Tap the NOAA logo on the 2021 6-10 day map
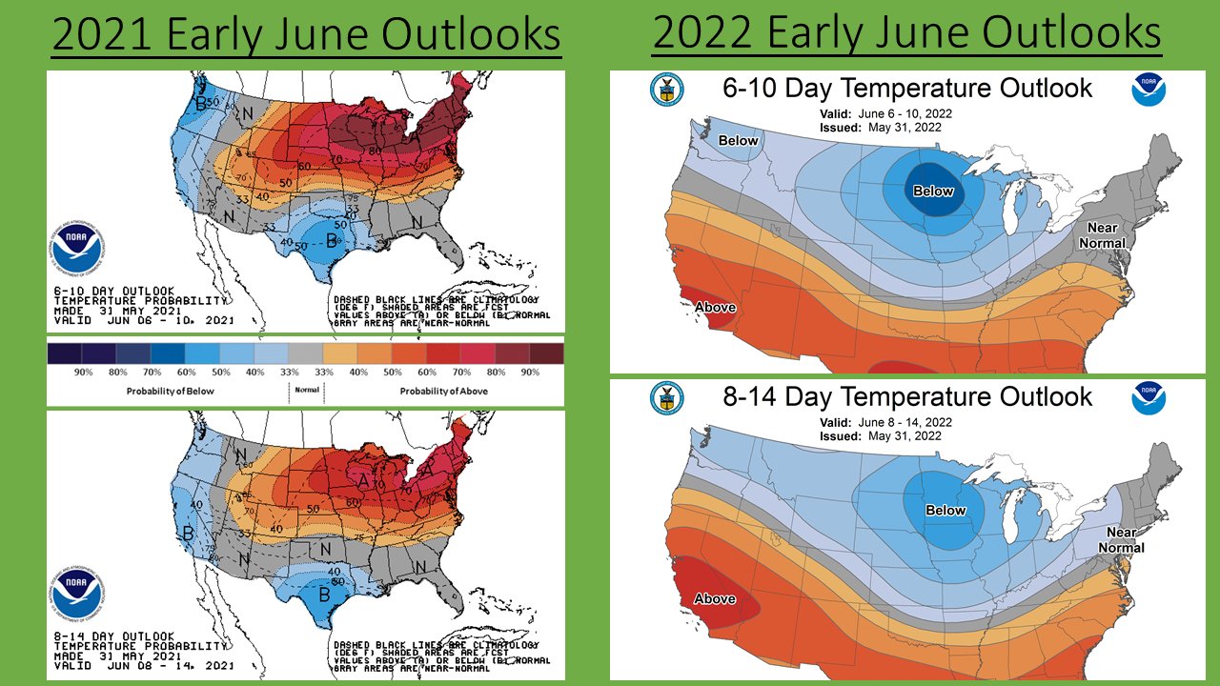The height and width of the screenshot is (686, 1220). [78, 250]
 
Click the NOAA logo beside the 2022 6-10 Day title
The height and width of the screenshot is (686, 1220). [1149, 90]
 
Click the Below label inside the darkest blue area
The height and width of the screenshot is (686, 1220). [933, 191]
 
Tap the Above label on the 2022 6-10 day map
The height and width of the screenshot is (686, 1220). [714, 307]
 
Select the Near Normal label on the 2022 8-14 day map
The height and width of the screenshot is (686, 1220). [1121, 540]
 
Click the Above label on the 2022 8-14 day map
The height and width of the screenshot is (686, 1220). [714, 598]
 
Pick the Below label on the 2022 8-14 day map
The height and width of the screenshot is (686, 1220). [945, 510]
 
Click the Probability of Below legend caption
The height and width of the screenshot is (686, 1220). [167, 392]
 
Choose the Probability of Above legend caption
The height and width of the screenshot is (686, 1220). [443, 392]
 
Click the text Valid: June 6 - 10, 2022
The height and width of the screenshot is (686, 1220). [885, 113]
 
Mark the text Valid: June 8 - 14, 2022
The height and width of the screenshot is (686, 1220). [885, 422]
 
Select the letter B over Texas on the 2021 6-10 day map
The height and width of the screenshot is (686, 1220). [331, 239]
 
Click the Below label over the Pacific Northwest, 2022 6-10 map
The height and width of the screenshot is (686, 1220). [738, 141]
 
